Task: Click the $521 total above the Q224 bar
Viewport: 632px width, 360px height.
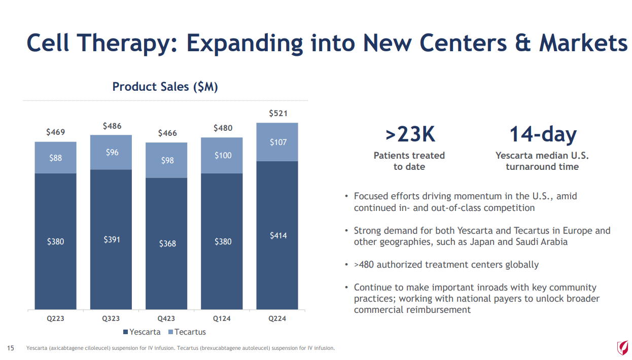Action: pos(278,113)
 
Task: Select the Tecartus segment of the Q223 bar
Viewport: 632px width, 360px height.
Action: pos(56,158)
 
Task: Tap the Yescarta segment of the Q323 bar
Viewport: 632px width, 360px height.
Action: pos(111,239)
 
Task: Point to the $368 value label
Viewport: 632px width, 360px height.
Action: pos(167,244)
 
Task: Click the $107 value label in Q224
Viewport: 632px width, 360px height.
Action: pos(278,142)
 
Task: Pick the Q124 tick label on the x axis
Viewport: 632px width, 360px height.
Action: pos(222,318)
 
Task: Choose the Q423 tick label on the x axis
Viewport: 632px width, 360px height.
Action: pos(166,318)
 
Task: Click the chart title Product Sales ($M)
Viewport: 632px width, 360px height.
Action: pos(165,87)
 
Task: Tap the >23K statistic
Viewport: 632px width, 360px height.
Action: pos(410,135)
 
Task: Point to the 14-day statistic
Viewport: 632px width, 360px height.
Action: pos(543,135)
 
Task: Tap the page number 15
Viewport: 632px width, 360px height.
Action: pos(10,348)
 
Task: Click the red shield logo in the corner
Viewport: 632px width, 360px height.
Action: pos(622,347)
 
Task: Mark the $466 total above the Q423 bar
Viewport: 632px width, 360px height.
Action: pos(167,133)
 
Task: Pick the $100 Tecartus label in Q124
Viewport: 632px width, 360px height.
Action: pos(223,155)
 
